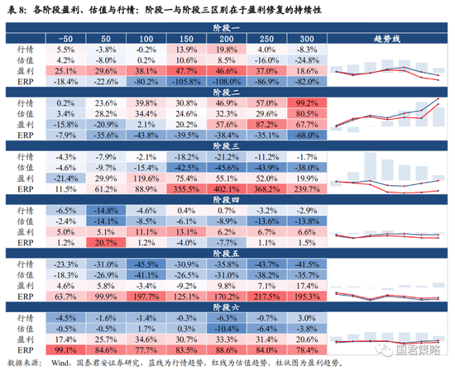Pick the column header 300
click(306, 39)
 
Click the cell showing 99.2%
click(306, 102)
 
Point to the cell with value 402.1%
click(225, 187)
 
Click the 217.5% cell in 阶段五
click(266, 295)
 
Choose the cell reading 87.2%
click(266, 123)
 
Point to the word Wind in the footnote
click(60, 362)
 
